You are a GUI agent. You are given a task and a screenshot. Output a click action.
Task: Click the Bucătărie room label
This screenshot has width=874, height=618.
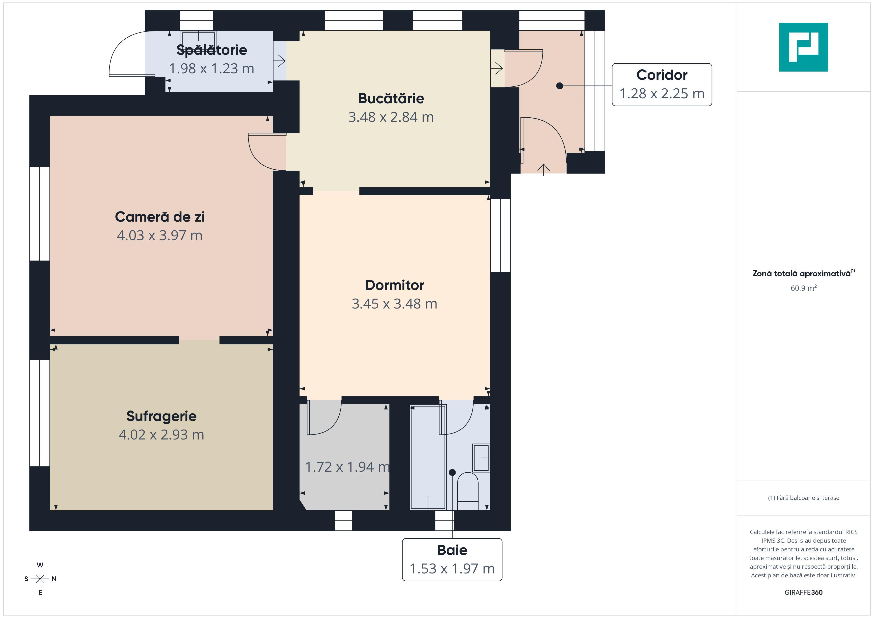click(391, 99)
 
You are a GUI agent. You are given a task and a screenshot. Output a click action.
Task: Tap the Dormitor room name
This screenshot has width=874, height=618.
click(394, 285)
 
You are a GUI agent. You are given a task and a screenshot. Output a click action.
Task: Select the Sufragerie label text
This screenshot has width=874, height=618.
click(162, 416)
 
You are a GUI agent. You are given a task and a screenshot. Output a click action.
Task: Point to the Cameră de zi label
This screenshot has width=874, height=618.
click(160, 217)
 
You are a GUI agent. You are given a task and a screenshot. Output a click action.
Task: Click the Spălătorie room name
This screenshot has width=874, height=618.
click(212, 50)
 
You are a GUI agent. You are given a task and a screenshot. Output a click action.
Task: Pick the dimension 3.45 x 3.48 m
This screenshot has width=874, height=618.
click(394, 304)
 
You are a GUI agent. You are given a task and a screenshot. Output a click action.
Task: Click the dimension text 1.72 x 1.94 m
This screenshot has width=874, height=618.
click(347, 467)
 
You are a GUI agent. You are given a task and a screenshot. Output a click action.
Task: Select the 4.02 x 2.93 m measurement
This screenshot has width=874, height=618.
click(162, 435)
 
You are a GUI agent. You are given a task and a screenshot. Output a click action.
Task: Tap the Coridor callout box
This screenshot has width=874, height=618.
click(662, 84)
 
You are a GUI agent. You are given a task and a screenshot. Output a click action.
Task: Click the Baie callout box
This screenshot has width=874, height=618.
click(452, 559)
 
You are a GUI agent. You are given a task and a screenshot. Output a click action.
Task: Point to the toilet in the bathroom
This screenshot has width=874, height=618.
click(467, 491)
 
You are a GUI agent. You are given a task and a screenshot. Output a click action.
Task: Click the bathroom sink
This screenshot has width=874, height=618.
click(481, 458)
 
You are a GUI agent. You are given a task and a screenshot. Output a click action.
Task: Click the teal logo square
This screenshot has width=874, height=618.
click(804, 47)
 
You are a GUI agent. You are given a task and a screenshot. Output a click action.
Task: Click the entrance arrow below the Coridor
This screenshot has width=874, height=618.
click(544, 170)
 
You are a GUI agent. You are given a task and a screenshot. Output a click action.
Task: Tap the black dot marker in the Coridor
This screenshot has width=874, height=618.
click(560, 86)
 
